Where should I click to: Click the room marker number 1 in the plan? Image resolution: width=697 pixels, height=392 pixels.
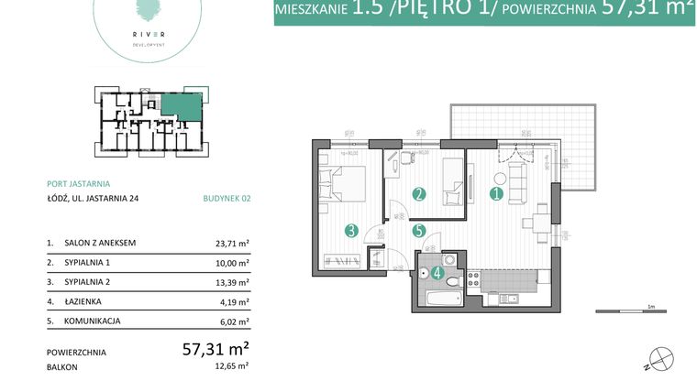(x=496, y=193)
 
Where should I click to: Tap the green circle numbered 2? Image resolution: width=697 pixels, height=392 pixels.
(x=418, y=194)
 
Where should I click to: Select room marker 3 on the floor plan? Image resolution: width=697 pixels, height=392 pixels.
(x=351, y=231)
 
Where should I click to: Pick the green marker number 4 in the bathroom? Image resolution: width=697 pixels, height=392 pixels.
(x=438, y=272)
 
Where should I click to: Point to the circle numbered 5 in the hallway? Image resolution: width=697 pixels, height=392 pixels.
(x=418, y=232)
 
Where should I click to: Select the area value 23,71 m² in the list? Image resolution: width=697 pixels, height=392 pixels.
(x=232, y=245)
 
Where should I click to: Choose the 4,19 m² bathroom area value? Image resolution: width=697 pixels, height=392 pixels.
(x=234, y=301)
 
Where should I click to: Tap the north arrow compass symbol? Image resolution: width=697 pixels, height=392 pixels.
(x=659, y=359)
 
